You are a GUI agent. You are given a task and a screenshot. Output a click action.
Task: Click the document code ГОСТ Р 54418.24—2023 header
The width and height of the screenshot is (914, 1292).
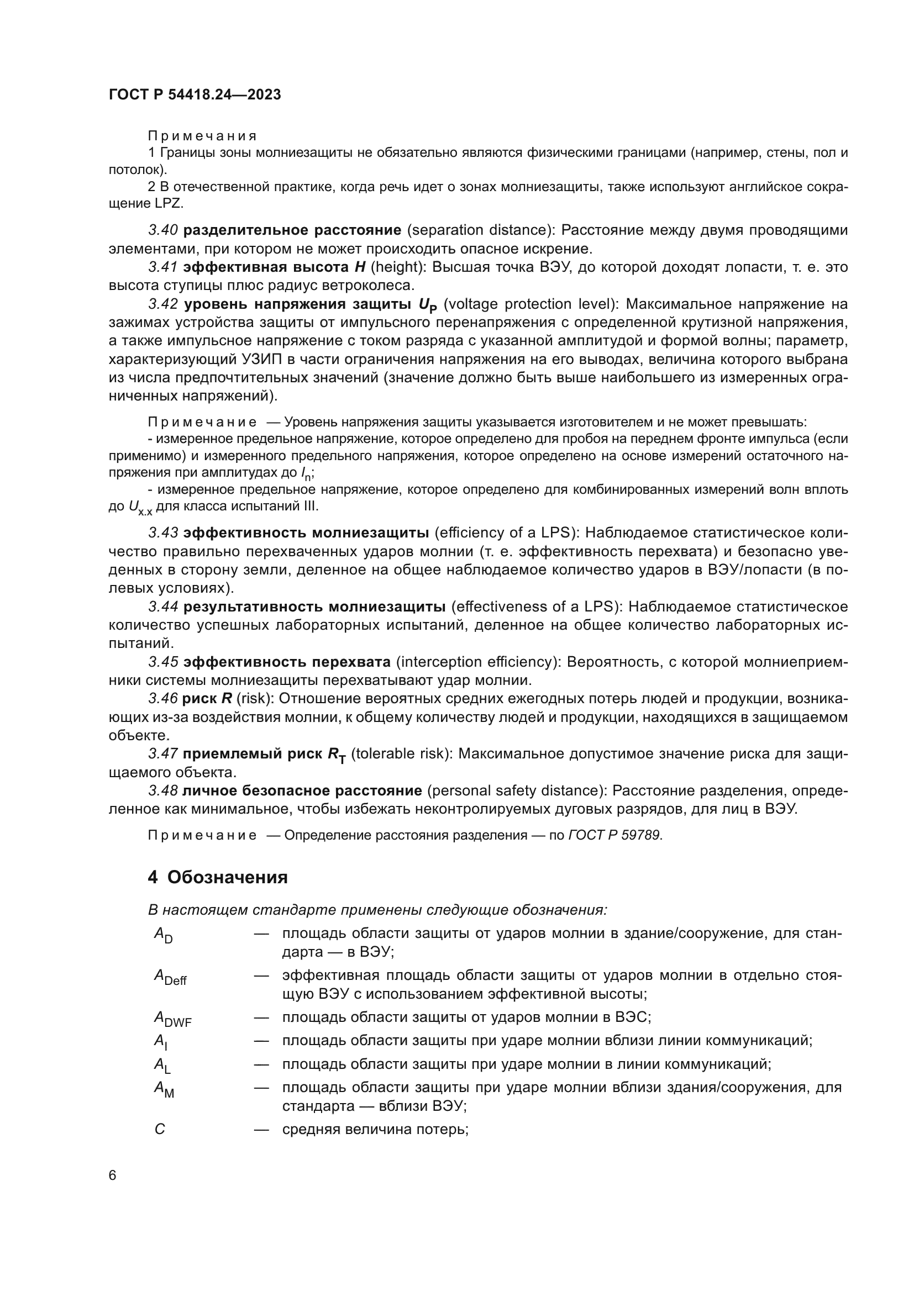click(x=195, y=95)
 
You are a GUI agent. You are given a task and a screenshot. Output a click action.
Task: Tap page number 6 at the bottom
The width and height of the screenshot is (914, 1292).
click(x=113, y=1175)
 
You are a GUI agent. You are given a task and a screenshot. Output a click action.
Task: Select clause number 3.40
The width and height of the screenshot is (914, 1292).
click(x=163, y=230)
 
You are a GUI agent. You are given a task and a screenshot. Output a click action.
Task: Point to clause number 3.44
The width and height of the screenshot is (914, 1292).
click(x=163, y=607)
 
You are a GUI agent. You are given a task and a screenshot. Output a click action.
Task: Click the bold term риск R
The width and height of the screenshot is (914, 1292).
click(x=207, y=699)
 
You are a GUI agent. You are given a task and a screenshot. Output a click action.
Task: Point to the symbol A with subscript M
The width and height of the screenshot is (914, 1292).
click(x=164, y=1089)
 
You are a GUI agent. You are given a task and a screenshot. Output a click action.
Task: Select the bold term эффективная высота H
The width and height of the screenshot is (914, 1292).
click(x=274, y=267)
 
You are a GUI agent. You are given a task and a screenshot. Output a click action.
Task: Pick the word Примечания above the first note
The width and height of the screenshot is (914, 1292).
click(x=202, y=136)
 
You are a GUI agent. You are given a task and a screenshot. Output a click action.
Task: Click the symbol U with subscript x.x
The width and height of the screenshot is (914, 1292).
click(x=140, y=508)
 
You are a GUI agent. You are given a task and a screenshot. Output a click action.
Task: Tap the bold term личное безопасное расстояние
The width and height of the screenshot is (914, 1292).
click(x=302, y=791)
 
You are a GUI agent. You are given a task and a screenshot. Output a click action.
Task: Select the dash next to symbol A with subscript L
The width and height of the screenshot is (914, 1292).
click(x=261, y=1064)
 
